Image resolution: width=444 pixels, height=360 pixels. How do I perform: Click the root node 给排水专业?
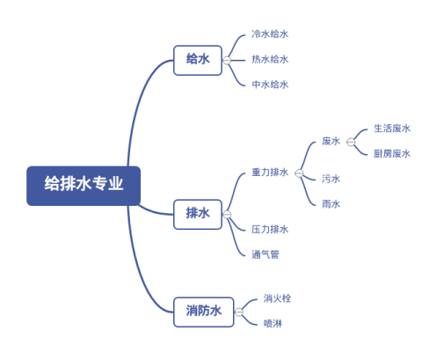point(84,185)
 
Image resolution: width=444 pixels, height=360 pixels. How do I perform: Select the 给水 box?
point(197,60)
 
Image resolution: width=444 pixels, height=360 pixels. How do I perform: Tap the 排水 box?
point(197,213)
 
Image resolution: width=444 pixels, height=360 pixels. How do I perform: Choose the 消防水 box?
point(203,311)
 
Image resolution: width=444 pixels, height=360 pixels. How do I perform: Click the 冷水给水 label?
point(270,34)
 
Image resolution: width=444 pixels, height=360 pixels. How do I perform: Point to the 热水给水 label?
point(270,60)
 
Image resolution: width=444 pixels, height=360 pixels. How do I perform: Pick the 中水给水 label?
point(270,85)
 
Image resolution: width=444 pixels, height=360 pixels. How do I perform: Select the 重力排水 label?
point(270,173)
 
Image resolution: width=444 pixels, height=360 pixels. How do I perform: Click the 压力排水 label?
point(270,230)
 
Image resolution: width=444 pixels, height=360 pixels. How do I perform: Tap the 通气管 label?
point(265,254)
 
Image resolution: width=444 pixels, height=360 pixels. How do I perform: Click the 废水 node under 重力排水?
point(331,141)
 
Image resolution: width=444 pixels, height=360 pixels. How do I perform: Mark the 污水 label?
point(331,179)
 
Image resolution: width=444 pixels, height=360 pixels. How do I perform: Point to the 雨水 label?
point(331,204)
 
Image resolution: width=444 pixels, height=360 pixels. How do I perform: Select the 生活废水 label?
point(392,129)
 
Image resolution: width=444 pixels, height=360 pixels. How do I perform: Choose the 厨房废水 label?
point(392,154)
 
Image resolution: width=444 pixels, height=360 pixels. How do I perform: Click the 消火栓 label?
point(277,298)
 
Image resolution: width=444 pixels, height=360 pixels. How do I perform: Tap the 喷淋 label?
point(273,324)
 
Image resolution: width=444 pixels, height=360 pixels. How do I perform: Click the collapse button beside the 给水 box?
point(227,60)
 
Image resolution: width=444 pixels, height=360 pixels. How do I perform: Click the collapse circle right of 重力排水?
point(299,173)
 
